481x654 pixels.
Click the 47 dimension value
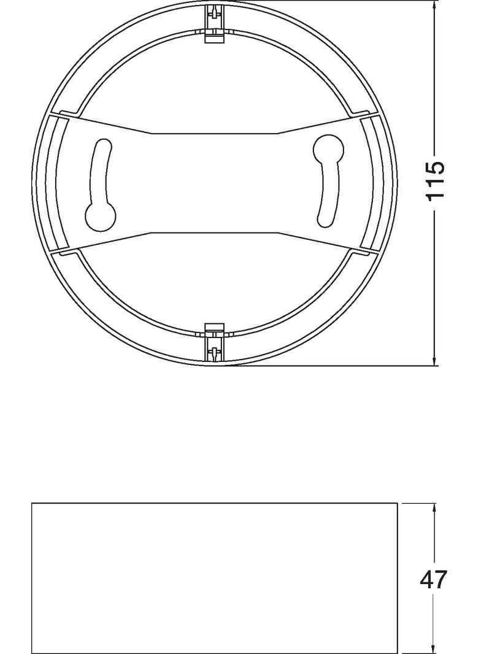[434, 580]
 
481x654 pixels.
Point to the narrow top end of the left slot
[102, 146]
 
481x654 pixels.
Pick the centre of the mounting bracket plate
[215, 182]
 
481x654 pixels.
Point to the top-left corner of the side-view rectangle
[32, 504]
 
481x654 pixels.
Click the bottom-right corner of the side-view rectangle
[398, 653]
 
